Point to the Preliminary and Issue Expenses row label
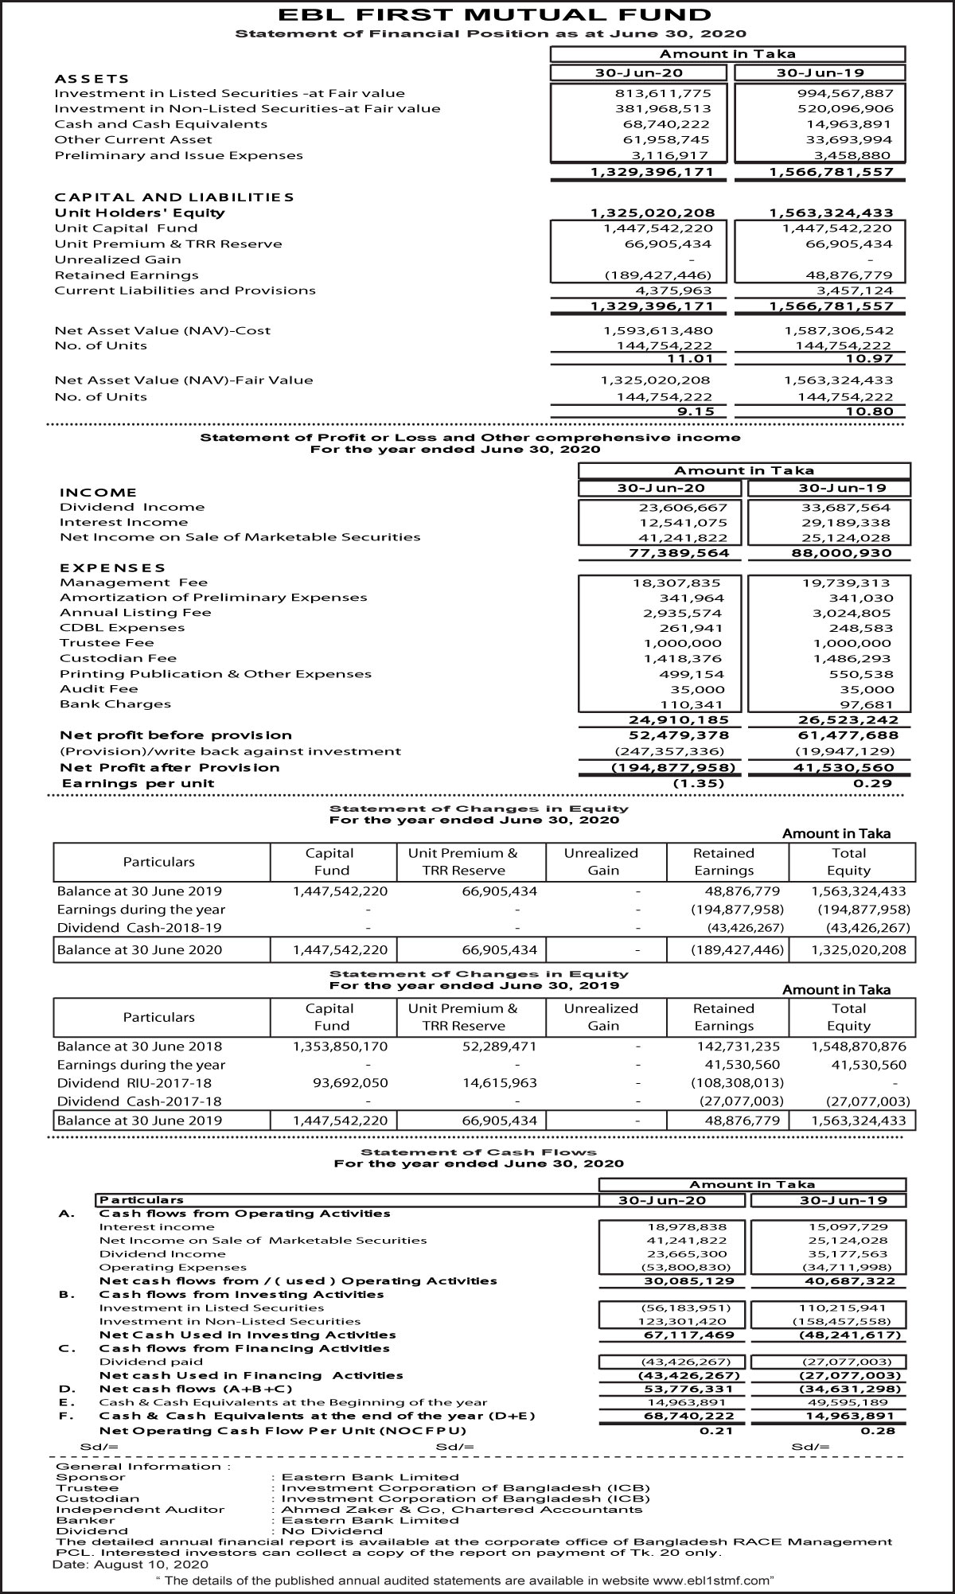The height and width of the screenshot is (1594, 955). [178, 155]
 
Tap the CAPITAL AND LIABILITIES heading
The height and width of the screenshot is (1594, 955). [174, 197]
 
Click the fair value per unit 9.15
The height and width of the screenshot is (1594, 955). [695, 411]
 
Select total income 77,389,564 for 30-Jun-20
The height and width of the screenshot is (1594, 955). [679, 553]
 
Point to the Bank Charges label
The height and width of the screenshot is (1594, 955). [115, 704]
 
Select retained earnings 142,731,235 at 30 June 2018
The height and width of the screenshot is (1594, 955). [738, 1046]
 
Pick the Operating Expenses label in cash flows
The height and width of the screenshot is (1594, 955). [173, 1267]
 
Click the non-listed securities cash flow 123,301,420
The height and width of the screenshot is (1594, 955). [684, 1321]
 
